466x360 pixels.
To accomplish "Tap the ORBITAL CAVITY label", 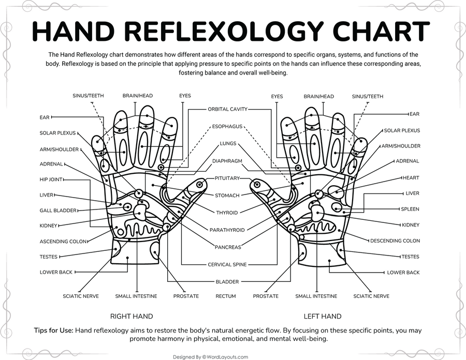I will [228, 109].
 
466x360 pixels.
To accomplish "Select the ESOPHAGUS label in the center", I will [227, 126].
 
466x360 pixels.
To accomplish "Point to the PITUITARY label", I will [227, 178].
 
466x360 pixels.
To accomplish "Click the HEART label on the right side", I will [411, 178].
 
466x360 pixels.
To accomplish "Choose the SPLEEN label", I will [410, 209].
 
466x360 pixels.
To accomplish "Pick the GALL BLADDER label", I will [58, 211].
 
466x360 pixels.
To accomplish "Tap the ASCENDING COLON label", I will [63, 242].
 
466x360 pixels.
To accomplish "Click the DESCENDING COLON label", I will [395, 241].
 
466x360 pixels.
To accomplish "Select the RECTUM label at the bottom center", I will [226, 296].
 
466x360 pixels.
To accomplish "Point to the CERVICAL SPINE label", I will [227, 264].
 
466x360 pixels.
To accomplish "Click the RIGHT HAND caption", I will [132, 316].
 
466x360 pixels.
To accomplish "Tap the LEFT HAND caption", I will [322, 316].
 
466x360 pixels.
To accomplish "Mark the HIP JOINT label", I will [51, 179].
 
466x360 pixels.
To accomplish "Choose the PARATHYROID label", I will [227, 229].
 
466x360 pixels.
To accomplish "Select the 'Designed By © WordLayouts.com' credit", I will [210, 356].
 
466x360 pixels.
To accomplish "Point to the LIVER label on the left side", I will [47, 195].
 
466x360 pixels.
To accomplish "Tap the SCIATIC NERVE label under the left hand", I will [371, 296].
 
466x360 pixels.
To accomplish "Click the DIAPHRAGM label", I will [227, 161].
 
